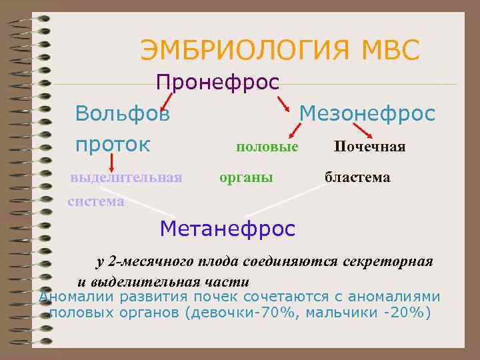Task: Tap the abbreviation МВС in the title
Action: coord(390,51)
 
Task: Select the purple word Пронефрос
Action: coord(217,83)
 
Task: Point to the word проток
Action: coord(113,145)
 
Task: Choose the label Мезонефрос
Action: coord(367,113)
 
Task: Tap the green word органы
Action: coord(247,178)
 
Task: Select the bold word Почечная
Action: coord(370,146)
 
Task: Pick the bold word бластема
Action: coord(357,178)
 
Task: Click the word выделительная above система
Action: coord(127,178)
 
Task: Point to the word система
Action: coord(96,201)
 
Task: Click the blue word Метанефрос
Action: coord(227,229)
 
